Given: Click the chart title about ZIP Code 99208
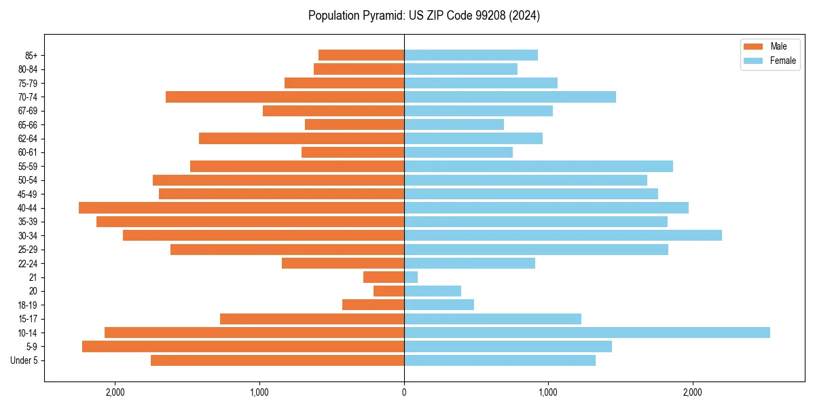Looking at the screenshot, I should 424,16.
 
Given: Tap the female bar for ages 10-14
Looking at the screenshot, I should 587,333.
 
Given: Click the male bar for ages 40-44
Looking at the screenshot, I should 241,207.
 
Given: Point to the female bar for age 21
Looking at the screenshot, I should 411,277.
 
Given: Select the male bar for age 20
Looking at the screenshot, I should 388,291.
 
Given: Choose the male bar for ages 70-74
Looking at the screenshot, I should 285,97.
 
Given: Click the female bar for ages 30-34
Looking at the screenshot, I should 563,235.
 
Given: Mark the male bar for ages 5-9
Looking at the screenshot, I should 243,347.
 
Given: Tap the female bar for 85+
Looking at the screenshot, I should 471,55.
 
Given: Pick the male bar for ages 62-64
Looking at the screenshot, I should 302,138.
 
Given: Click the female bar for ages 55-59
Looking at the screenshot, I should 539,166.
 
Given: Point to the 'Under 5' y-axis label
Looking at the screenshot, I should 24,360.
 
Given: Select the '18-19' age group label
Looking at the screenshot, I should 28,305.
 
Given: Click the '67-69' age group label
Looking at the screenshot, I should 28,111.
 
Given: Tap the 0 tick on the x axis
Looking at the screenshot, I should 404,392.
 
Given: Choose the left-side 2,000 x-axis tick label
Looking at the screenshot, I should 115,392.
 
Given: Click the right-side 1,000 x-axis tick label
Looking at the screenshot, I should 548,392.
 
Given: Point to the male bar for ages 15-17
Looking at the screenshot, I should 312,319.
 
